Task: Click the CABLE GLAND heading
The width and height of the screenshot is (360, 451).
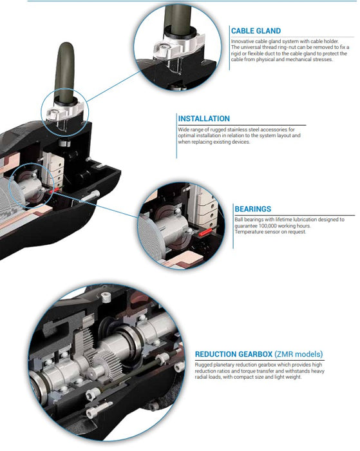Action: tap(256, 30)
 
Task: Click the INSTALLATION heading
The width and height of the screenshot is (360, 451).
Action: tap(204, 119)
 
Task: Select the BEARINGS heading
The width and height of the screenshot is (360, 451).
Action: tap(252, 209)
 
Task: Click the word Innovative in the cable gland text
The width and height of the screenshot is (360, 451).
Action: tap(243, 41)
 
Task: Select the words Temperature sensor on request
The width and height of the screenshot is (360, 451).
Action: tap(270, 231)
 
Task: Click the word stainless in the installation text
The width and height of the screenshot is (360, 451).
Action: tap(238, 130)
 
